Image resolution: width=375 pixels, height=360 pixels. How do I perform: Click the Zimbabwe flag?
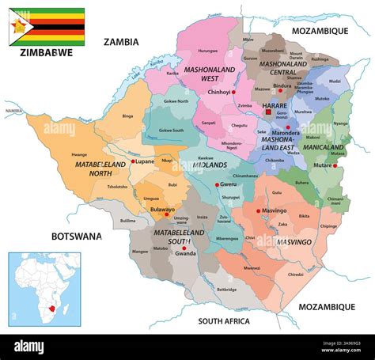point(47,27)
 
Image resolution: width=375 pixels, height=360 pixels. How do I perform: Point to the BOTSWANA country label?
point(77,236)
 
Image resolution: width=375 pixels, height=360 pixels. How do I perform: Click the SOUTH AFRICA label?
point(223,321)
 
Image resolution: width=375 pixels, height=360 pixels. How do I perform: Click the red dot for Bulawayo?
point(166,214)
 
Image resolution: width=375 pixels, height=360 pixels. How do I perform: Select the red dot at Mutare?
point(336,166)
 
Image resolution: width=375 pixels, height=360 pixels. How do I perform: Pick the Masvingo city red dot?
point(259,211)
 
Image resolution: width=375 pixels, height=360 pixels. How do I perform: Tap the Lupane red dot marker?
point(133,161)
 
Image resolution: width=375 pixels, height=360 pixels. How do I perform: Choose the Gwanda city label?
point(186,254)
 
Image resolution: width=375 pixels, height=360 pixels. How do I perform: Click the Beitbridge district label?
point(225,290)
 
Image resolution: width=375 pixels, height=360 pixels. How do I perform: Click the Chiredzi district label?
point(295,275)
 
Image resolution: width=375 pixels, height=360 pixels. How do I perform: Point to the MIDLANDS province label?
point(210,165)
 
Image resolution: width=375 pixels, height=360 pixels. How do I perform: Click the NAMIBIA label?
point(13,112)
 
